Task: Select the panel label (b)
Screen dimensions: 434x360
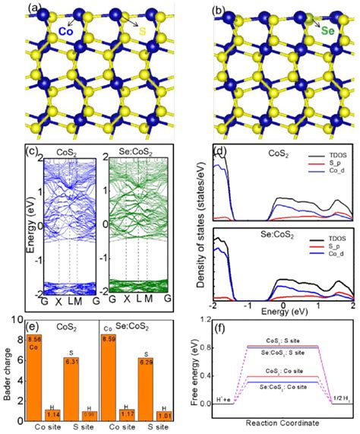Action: [x=220, y=11]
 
